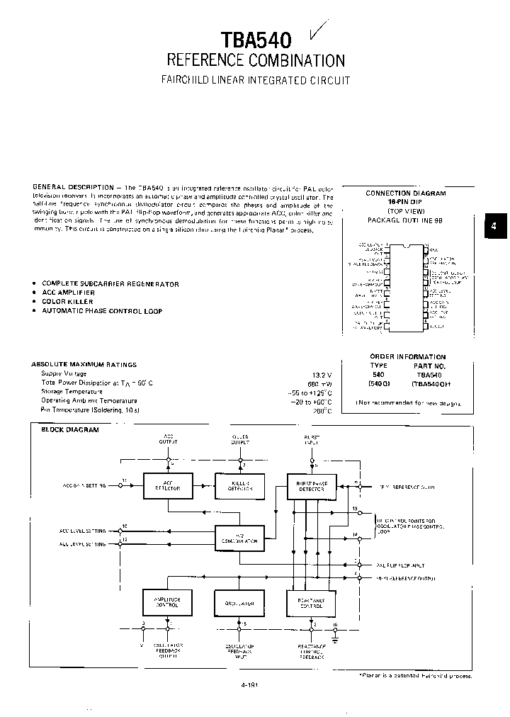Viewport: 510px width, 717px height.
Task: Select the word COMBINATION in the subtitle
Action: [298, 60]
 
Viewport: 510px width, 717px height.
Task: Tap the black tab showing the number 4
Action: [494, 226]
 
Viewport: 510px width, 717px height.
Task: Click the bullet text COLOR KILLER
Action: [67, 302]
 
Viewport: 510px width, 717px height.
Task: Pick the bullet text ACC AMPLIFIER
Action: [68, 293]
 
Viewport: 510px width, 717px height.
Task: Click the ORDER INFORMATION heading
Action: [407, 356]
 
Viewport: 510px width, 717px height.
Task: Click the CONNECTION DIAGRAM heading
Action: [406, 193]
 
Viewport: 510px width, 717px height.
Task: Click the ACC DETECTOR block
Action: [168, 485]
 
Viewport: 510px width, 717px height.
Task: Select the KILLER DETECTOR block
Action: [239, 485]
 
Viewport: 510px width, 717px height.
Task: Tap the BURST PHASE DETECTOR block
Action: [311, 485]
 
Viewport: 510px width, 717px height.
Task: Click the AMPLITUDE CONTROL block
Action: [168, 602]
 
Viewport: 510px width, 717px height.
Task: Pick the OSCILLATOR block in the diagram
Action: [239, 603]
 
